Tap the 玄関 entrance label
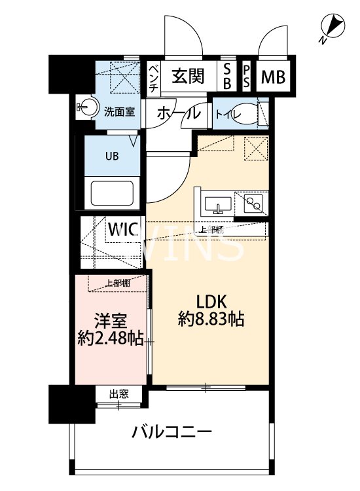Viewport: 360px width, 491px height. [x=189, y=77]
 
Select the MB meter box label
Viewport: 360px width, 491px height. [x=274, y=77]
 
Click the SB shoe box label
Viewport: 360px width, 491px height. [x=227, y=77]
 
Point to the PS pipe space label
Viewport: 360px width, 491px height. [x=247, y=77]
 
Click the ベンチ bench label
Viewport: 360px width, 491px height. [x=153, y=77]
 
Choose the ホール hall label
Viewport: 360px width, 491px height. [x=177, y=113]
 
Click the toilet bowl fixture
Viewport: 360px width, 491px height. [x=245, y=113]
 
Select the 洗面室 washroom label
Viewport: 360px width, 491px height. [x=120, y=111]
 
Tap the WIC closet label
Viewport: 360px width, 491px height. [x=123, y=230]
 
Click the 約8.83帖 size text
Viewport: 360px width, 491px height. [x=211, y=319]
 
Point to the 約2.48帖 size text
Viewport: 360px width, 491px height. [x=109, y=340]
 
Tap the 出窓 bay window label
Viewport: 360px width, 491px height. [x=118, y=393]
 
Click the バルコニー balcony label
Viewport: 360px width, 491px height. [x=171, y=433]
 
